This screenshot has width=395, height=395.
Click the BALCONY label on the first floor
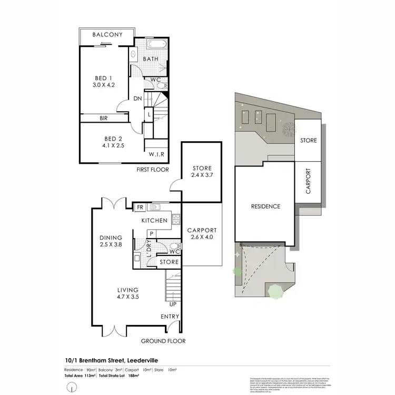107,35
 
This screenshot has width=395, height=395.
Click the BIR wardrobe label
104,118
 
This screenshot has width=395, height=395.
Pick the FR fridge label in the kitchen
140,208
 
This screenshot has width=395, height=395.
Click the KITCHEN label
154,220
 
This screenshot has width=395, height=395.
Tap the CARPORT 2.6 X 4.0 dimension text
202,237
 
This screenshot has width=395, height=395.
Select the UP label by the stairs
172,304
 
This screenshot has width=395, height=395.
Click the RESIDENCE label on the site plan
265,206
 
